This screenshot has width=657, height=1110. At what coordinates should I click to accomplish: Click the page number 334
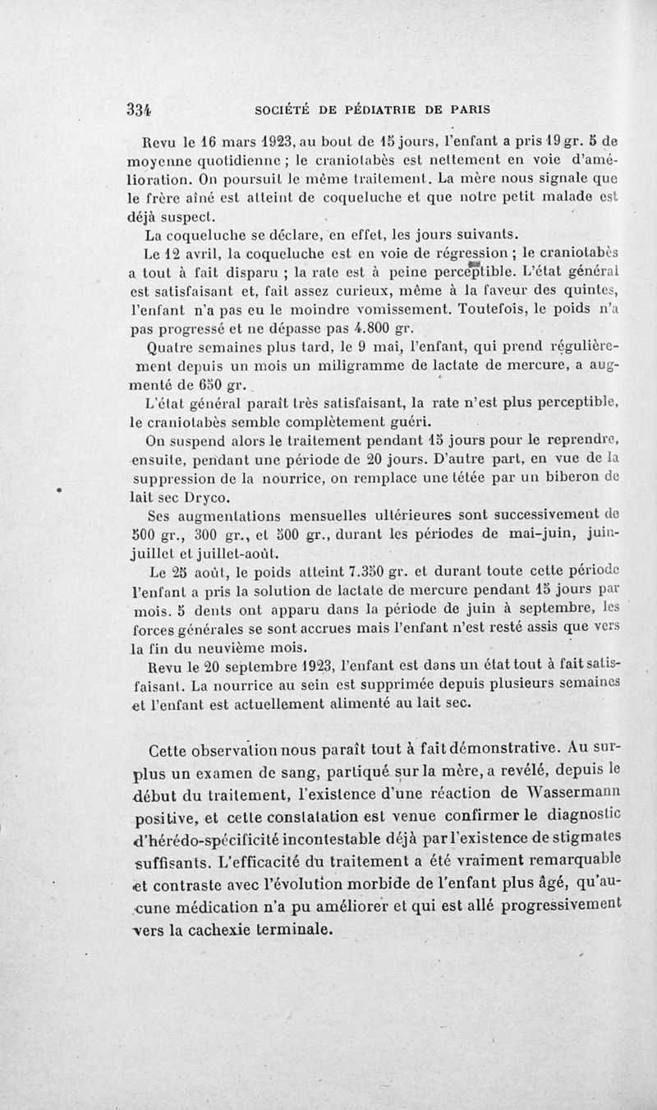[x=140, y=109]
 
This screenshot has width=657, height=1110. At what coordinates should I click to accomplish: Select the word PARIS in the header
[x=465, y=109]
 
